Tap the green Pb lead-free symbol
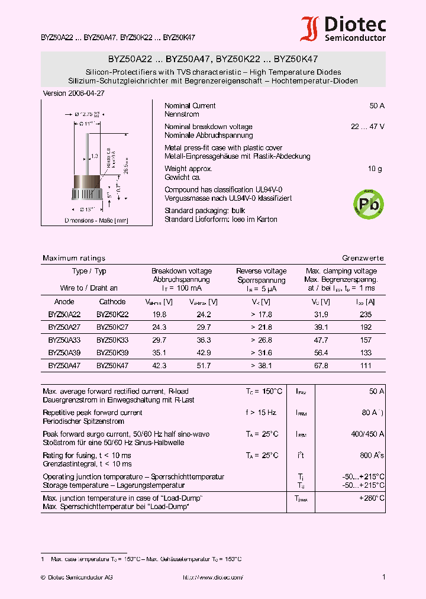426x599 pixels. tap(367, 203)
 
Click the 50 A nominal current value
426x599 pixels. tap(377, 106)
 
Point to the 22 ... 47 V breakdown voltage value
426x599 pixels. tap(367, 127)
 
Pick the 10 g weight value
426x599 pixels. tap(375, 169)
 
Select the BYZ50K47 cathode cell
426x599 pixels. tap(112, 366)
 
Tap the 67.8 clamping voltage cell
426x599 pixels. tap(321, 366)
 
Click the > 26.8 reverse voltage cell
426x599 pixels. tap(261, 340)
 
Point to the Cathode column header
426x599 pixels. tap(112, 301)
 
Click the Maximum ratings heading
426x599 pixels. tap(74, 258)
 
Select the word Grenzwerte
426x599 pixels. tap(363, 258)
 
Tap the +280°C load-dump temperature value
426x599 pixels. tap(372, 498)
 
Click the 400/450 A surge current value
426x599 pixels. tap(367, 434)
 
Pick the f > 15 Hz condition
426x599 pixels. tap(262, 413)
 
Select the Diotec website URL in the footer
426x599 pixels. tap(213, 577)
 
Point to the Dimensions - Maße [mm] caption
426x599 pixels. tap(87, 220)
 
